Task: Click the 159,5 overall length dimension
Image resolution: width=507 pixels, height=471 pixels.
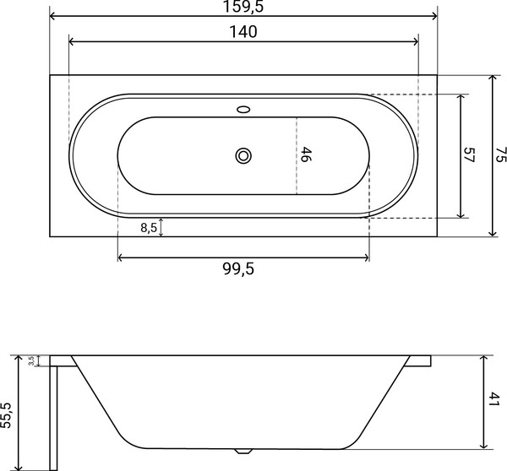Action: pyautogui.click(x=243, y=7)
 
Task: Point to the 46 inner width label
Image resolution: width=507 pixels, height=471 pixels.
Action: pyautogui.click(x=307, y=154)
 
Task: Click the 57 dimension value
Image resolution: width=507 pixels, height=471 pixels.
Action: pyautogui.click(x=471, y=154)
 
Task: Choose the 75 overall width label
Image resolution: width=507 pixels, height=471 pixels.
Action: pyautogui.click(x=500, y=154)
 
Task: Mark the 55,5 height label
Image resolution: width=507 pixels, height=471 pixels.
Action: pyautogui.click(x=8, y=413)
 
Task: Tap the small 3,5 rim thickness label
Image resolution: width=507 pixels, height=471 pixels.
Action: pyautogui.click(x=31, y=360)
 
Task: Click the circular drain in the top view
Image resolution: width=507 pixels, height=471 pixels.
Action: pyautogui.click(x=244, y=154)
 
